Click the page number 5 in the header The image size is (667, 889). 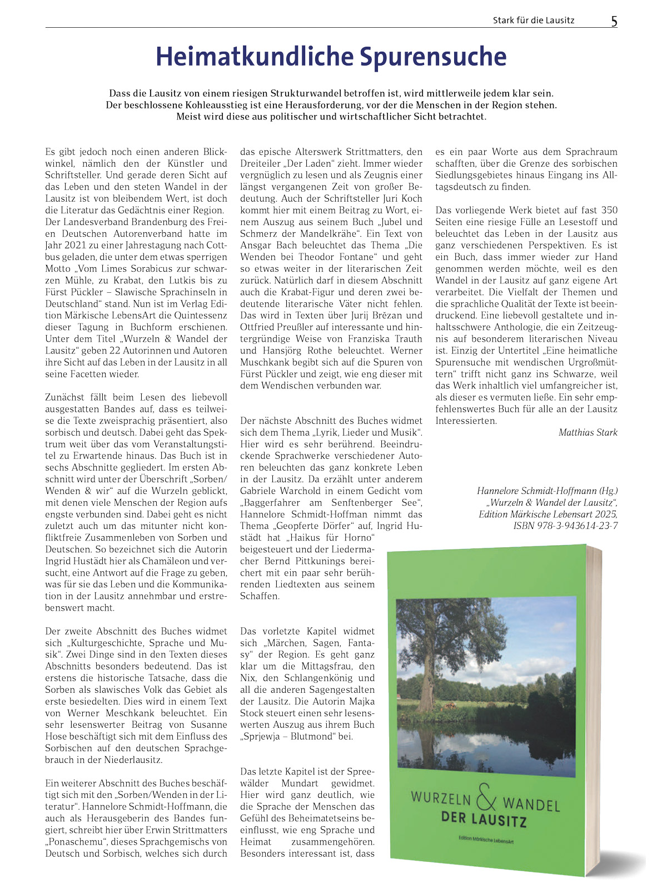pos(614,21)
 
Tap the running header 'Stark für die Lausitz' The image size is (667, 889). pos(533,21)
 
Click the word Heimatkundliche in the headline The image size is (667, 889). pos(254,57)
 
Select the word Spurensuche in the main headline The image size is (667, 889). pos(433,57)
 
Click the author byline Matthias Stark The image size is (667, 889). pos(588,432)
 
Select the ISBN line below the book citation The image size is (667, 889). pos(565,526)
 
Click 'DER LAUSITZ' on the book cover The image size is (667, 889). pos(483,819)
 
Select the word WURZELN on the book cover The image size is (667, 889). pos(441,798)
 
